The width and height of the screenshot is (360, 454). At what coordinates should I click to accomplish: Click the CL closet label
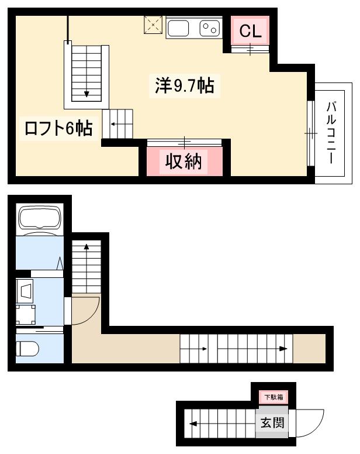250,32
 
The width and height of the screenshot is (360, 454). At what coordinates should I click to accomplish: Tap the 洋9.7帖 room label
184,87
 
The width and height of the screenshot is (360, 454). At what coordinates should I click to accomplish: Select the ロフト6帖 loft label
58,128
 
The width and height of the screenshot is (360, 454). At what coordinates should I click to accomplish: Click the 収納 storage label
185,161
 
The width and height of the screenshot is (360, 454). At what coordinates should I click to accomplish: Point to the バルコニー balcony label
331,133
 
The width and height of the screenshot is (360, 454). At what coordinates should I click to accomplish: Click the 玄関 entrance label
273,422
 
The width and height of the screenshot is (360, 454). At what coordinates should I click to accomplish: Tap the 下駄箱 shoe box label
273,397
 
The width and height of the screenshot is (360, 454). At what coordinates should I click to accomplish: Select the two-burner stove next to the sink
209,27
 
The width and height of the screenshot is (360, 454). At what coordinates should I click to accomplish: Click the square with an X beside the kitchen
153,25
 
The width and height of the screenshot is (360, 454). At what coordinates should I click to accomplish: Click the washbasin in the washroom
26,289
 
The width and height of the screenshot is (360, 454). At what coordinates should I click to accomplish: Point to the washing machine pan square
26,315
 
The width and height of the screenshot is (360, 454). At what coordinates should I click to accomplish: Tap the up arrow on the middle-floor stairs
86,249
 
